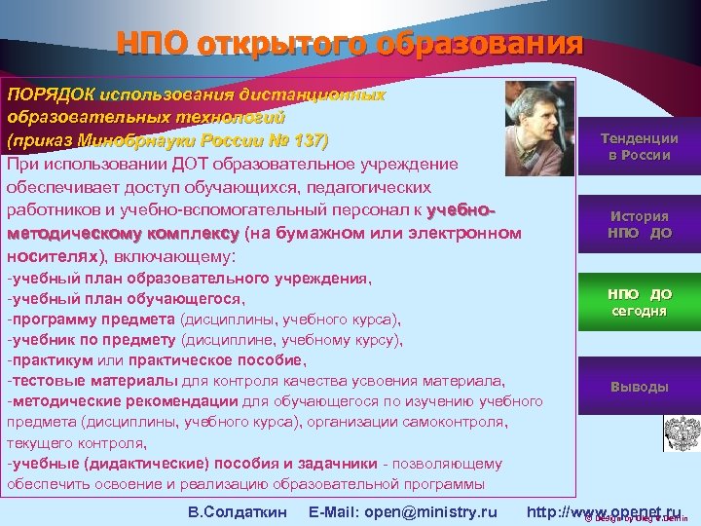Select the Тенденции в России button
pos(639,147)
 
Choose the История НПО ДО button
pos(639,224)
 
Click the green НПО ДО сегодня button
pos(639,302)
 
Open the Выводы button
pos(639,387)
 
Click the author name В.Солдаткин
pos(237,511)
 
